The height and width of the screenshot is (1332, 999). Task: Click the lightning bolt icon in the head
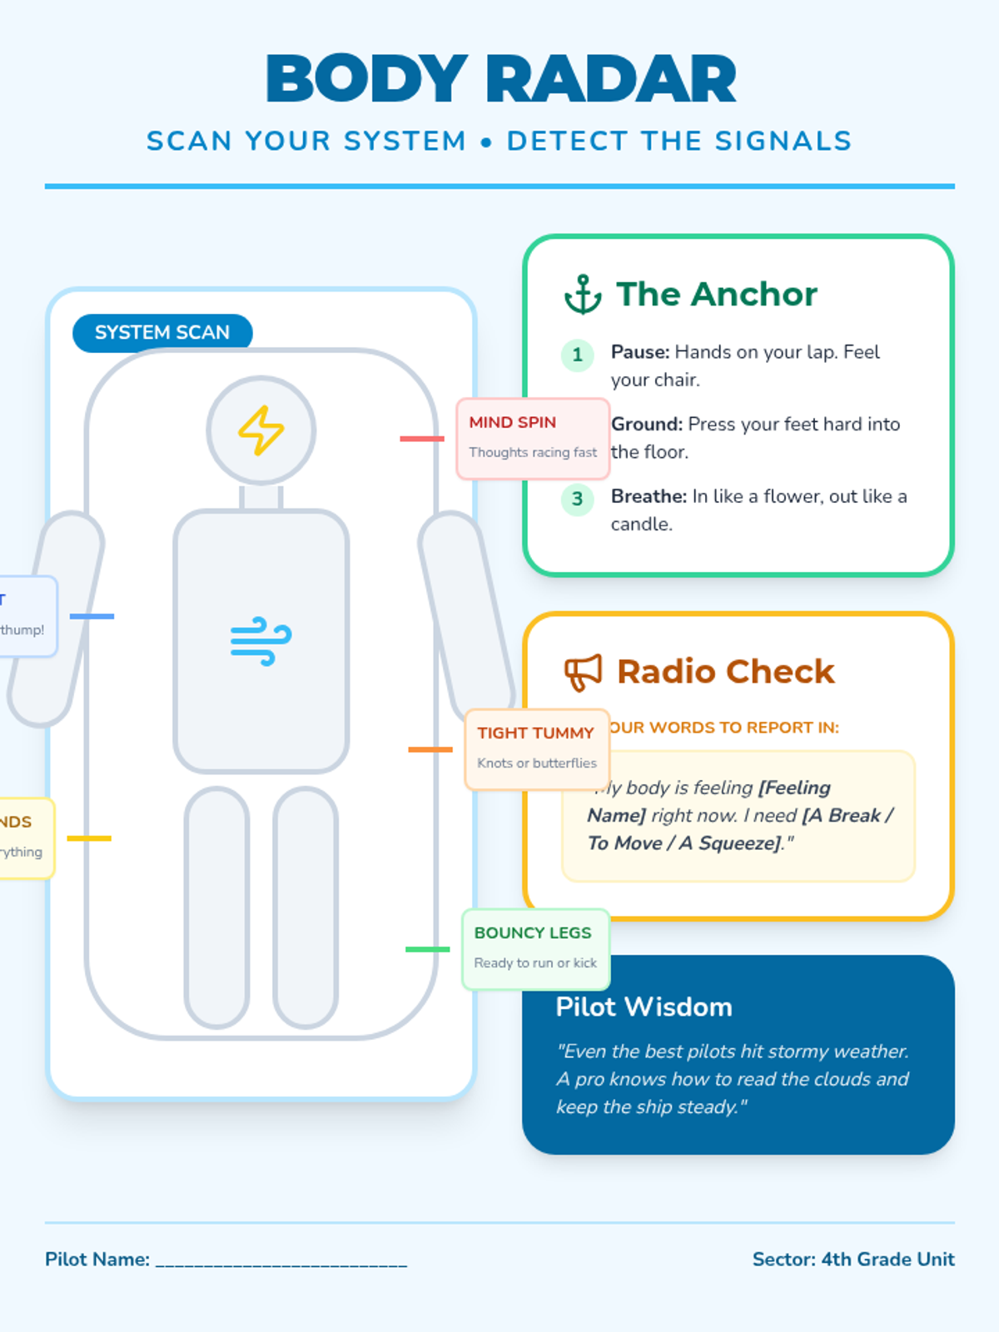[x=261, y=430]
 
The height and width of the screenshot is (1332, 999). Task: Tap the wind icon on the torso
[x=261, y=641]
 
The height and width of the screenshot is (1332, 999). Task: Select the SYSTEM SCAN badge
[x=162, y=333]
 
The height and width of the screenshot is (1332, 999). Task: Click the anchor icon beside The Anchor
[x=583, y=295]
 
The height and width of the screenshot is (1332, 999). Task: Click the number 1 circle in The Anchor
[x=577, y=355]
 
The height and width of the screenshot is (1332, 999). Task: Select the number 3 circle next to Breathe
[x=577, y=499]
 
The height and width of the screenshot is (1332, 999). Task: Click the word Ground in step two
[x=645, y=425]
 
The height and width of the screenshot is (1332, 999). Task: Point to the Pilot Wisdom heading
[x=644, y=1007]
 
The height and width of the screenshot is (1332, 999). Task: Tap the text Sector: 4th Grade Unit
[x=853, y=1260]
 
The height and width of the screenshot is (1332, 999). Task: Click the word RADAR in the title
[x=611, y=80]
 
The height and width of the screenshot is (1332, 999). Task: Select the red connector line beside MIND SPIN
[x=422, y=439]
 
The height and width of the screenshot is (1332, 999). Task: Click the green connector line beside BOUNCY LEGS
[x=427, y=949]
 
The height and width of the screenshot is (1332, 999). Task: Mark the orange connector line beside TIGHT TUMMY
[x=430, y=749]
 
